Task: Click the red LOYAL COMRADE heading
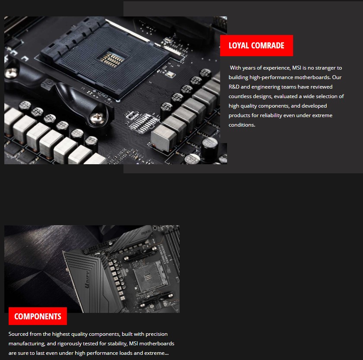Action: click(256, 45)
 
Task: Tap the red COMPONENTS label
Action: click(38, 316)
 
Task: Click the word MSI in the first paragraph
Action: click(297, 68)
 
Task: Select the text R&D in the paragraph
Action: click(234, 87)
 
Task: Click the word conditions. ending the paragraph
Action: click(242, 125)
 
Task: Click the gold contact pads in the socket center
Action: click(112, 60)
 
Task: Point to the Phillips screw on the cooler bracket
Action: click(97, 118)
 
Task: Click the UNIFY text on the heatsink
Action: click(87, 279)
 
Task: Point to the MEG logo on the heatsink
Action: click(146, 232)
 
